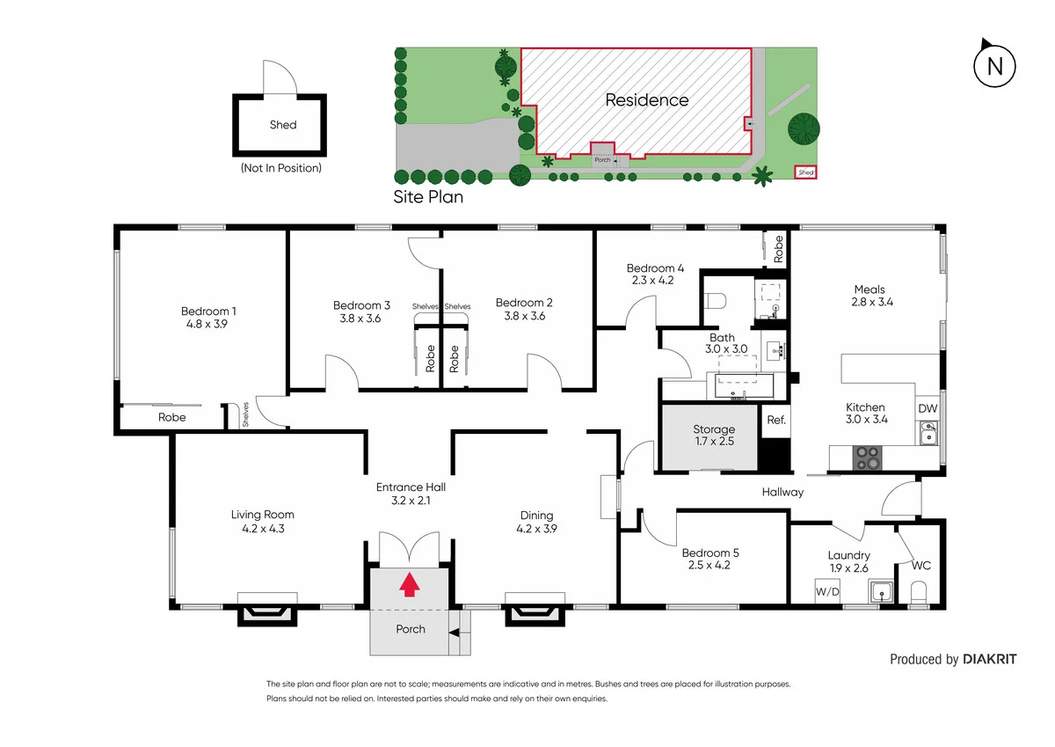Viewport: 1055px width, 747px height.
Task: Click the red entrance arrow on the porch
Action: [x=409, y=585]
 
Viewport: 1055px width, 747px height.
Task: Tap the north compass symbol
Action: [x=994, y=66]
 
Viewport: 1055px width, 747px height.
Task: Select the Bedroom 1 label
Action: [x=208, y=311]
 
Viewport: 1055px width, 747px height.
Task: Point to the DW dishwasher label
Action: [x=927, y=408]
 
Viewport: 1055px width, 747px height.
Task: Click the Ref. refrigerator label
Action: [x=775, y=420]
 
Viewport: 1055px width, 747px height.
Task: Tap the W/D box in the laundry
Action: [x=826, y=590]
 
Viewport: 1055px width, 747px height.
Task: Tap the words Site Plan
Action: [x=428, y=197]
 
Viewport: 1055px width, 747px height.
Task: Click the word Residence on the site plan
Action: [x=646, y=99]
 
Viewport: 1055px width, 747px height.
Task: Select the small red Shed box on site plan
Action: [x=806, y=173]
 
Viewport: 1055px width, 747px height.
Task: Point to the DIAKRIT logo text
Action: [x=989, y=659]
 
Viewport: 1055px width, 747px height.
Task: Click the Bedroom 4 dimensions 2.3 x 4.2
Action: [x=654, y=282]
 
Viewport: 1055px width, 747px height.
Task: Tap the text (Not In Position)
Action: [x=280, y=167]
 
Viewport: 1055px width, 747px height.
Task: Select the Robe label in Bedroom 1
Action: [x=171, y=417]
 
